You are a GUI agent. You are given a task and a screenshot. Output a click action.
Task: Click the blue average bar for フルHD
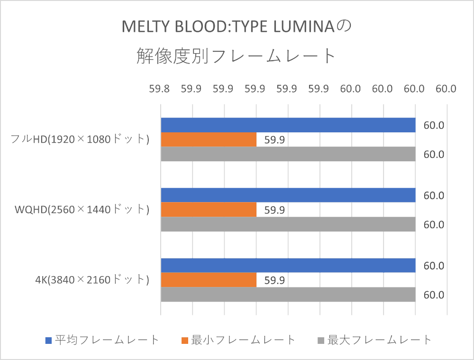coord(288,125)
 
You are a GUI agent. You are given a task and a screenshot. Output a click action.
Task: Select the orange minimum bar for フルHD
coord(209,139)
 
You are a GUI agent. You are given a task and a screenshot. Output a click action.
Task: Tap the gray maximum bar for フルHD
coord(288,154)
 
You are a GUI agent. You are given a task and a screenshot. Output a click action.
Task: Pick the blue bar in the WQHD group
coord(288,195)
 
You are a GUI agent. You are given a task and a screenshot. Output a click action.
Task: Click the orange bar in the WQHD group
coord(209,210)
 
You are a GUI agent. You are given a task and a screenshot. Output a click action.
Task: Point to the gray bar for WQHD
coord(288,224)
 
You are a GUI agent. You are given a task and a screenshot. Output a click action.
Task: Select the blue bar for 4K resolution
coord(288,266)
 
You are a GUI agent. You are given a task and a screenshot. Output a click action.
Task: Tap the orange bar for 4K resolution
coord(209,280)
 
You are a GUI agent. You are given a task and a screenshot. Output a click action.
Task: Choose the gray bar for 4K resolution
coord(288,295)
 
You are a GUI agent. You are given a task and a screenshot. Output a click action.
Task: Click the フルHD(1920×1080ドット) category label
coord(80,139)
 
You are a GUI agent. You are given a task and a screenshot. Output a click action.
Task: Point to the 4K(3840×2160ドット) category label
coord(92,280)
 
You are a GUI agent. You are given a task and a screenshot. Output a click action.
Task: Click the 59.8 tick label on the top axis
coord(160,89)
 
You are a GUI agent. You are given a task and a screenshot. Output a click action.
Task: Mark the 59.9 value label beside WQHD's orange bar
coord(274,210)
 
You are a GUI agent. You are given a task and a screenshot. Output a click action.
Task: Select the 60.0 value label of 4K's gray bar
coord(434,295)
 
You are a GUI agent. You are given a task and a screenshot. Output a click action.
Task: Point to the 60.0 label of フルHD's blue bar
coord(434,126)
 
